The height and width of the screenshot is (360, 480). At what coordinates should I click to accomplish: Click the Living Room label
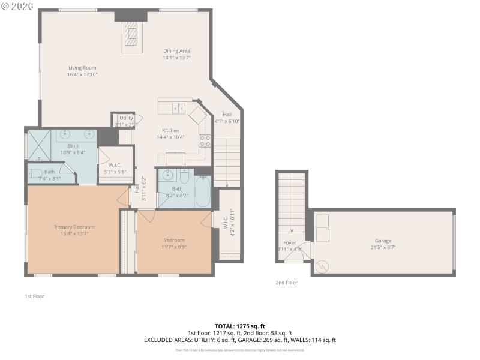coord(82,68)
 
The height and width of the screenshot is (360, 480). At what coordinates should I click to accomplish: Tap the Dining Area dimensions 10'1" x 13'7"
coord(176,58)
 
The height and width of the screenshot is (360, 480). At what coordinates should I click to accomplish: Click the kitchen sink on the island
coord(178,108)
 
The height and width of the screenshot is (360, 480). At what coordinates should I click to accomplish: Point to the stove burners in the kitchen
coord(205,140)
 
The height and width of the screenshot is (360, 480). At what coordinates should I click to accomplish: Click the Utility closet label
coord(126,118)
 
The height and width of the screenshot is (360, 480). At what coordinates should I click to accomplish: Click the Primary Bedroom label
coord(74,227)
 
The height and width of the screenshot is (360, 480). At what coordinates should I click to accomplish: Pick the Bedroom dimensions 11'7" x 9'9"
coord(174,247)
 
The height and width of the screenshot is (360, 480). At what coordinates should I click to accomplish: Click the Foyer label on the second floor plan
coord(290,242)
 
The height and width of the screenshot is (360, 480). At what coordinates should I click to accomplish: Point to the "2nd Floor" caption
coord(286,282)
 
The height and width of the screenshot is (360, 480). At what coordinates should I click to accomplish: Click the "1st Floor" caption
coord(34,296)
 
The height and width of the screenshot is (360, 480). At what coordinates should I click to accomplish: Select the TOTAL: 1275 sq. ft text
coord(239,326)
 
